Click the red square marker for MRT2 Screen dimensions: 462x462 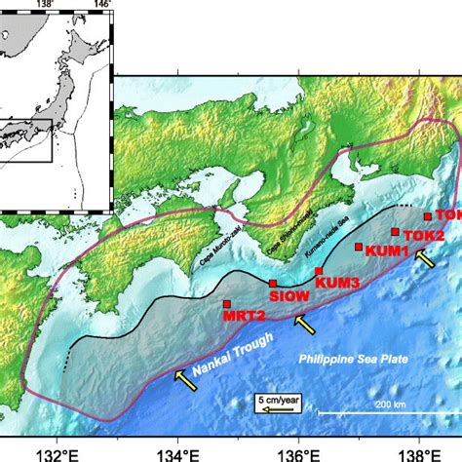click(x=227, y=304)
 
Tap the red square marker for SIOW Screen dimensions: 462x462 click(x=273, y=284)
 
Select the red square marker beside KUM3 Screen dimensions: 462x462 click(x=319, y=271)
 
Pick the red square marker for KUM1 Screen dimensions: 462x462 click(x=359, y=248)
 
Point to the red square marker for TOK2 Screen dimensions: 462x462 click(x=395, y=232)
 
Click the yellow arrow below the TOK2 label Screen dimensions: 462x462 click(x=424, y=258)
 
